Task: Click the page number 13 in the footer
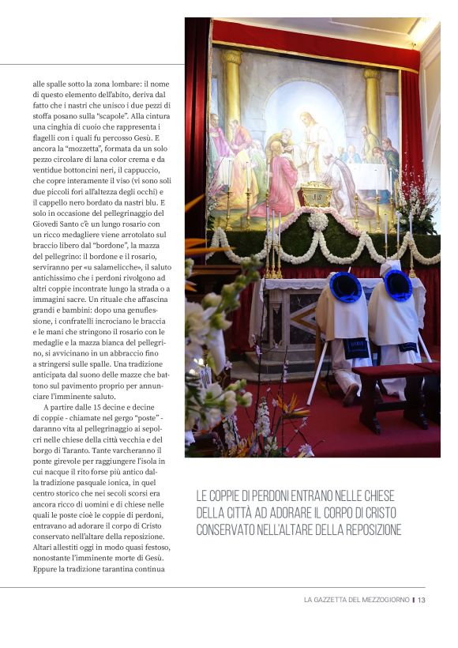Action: point(422,600)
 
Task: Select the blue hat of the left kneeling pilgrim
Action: point(345,287)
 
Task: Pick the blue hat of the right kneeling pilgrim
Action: point(397,284)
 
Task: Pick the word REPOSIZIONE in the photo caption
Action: point(366,529)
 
